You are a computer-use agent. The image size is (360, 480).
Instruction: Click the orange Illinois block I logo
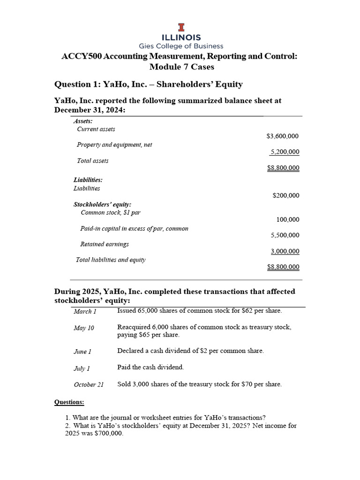coord(180,27)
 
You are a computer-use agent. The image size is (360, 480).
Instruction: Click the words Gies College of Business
coord(180,46)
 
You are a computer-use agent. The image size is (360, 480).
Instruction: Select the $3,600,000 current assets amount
coord(282,136)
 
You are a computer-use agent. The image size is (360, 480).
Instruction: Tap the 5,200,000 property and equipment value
coord(285,152)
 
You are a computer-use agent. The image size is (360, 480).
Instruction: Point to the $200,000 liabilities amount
coord(285,195)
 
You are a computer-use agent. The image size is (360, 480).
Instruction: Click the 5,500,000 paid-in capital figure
coord(285,235)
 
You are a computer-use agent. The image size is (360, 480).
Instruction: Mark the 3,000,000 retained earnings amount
coord(285,251)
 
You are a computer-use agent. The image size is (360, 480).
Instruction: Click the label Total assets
coord(92,161)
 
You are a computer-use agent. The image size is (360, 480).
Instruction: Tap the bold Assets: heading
coord(83,121)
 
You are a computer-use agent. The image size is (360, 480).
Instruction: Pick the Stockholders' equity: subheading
coord(102,204)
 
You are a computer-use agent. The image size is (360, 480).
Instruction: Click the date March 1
coord(85,312)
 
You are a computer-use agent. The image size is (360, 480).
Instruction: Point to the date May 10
coord(84,328)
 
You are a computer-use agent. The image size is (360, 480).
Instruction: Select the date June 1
coord(82,351)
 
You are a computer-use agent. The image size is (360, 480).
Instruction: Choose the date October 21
coord(89,385)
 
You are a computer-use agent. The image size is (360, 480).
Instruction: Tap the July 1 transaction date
coord(82,369)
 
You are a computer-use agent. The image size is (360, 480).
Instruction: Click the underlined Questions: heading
coord(69,402)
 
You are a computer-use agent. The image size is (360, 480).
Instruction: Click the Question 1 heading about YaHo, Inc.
coord(149,84)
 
